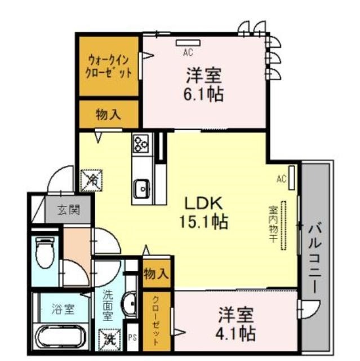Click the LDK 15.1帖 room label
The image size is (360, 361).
click(204, 213)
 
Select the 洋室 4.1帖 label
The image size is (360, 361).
click(236, 324)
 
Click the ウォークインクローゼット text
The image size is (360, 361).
click(109, 67)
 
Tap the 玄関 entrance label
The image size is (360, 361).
click(69, 210)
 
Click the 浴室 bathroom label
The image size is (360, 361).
click(63, 309)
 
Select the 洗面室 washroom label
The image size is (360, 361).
click(108, 305)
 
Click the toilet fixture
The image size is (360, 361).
click(45, 253)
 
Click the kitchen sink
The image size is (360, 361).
click(142, 189)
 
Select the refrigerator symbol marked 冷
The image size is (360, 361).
click(91, 180)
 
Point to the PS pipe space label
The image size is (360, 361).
click(132, 338)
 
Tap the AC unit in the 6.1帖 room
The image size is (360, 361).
click(188, 43)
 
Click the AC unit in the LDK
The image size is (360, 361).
click(292, 178)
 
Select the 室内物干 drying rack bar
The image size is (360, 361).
click(284, 226)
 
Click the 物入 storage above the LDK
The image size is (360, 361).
click(109, 115)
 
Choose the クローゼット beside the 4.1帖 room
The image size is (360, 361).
click(157, 322)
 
